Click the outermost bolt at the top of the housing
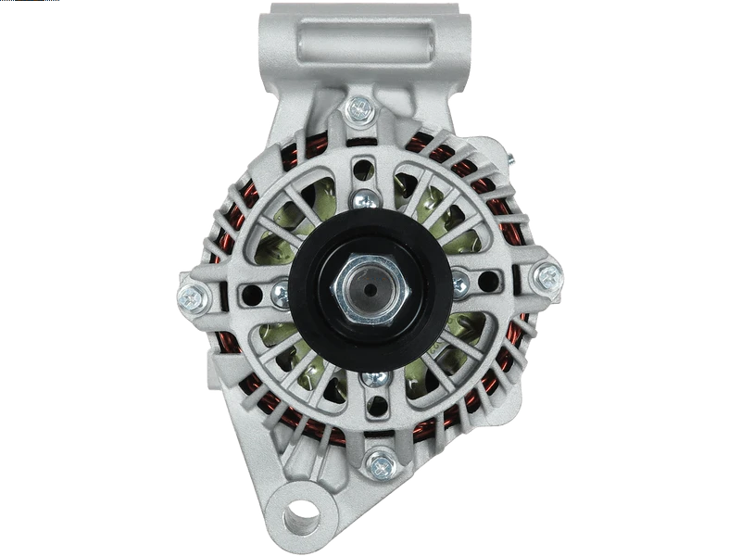click(359, 110)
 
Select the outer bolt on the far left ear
click(192, 297)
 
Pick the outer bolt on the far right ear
click(548, 275)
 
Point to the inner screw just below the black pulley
click(373, 379)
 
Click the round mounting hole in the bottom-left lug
click(301, 510)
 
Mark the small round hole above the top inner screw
click(365, 170)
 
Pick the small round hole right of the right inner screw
click(488, 281)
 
